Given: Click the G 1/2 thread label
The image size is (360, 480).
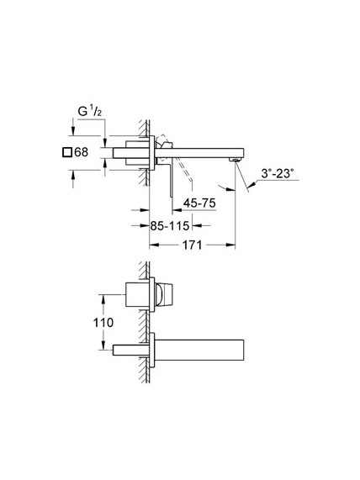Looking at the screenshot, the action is click(89, 112).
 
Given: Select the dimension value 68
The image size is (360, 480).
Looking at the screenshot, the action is click(82, 152).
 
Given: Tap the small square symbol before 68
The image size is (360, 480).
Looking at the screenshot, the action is click(67, 152).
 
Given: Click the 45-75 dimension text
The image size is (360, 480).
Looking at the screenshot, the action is click(199, 203).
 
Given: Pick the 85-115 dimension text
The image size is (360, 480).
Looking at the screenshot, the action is click(170, 226).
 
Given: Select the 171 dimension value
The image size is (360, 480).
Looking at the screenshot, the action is click(192, 245).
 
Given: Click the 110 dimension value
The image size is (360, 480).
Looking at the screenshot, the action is click(103, 322).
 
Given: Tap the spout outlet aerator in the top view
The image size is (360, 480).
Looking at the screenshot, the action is click(236, 160).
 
